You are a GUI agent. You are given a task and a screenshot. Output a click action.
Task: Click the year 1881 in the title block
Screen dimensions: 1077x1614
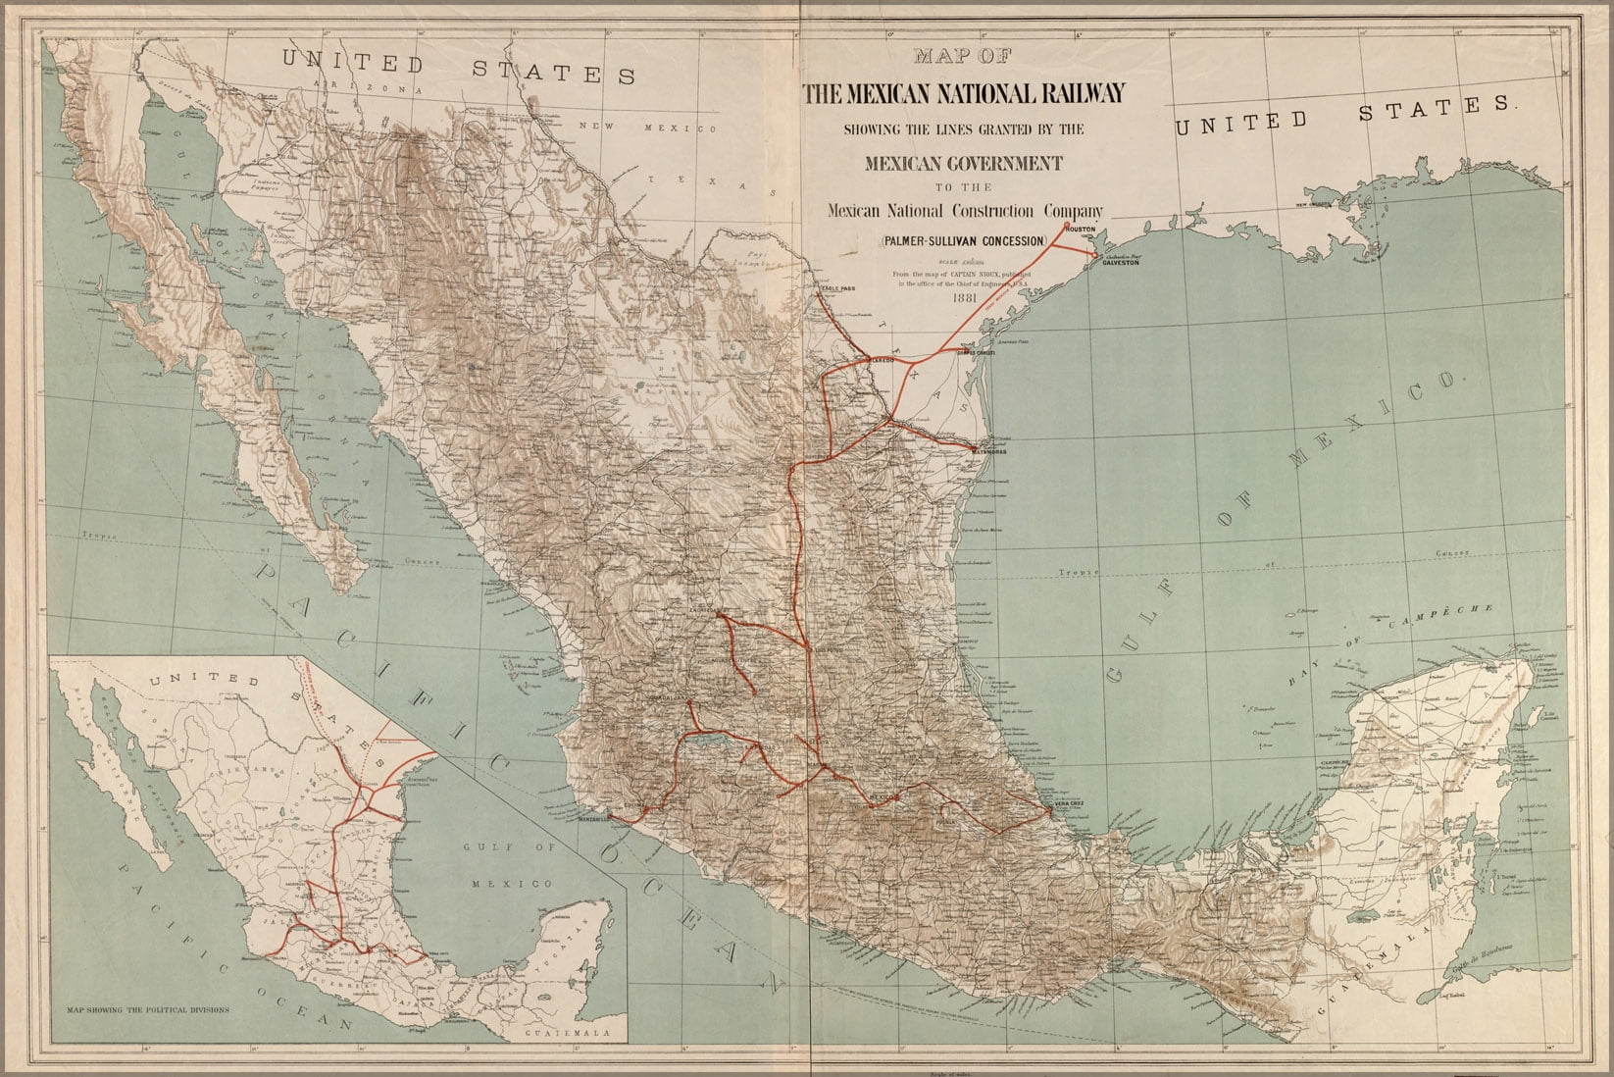point(966,299)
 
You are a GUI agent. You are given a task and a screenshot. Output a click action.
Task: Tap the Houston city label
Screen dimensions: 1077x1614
point(1080,230)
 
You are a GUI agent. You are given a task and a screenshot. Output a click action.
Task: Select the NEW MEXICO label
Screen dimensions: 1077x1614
point(647,128)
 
